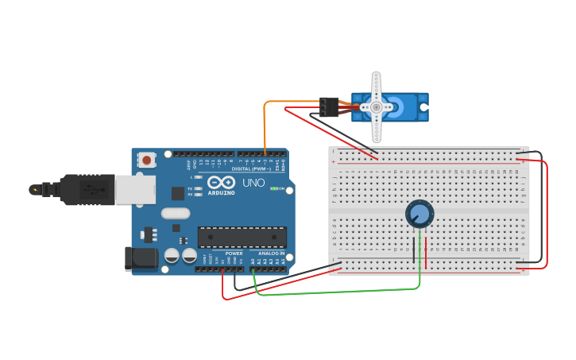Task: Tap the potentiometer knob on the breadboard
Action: coord(419,214)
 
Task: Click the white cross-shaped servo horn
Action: coord(377,106)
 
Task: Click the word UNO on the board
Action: coord(253,183)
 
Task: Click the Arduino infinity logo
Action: coord(220,182)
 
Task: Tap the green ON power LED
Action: coord(273,188)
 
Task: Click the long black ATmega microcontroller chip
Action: coord(242,236)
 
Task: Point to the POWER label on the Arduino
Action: coord(234,254)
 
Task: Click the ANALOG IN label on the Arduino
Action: coord(271,254)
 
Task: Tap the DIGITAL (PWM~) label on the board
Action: coord(251,169)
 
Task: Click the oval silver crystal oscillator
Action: coord(176,213)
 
